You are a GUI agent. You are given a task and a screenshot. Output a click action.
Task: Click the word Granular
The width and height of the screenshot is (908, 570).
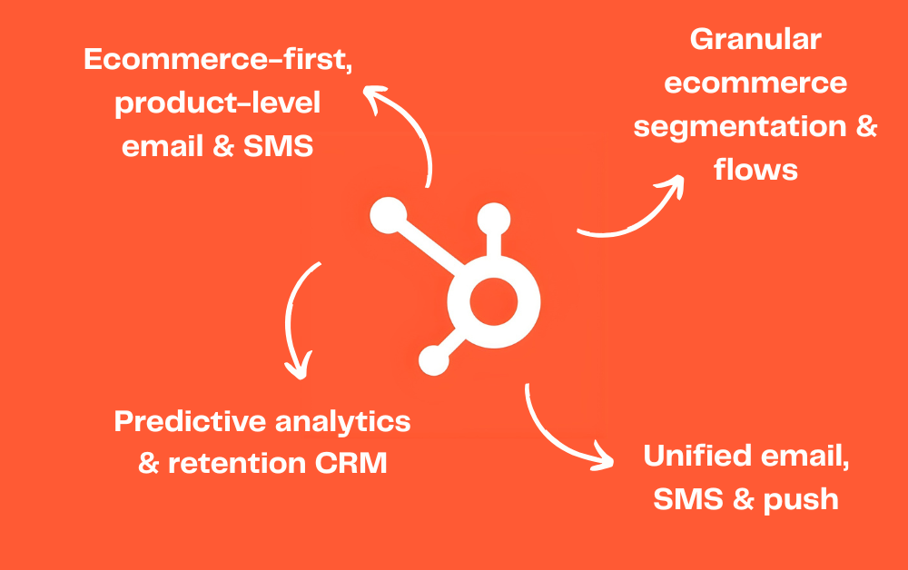click(755, 41)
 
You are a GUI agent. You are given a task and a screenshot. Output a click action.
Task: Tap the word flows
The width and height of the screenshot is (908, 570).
click(755, 169)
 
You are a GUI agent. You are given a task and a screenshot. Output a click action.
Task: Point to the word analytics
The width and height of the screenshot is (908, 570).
click(344, 421)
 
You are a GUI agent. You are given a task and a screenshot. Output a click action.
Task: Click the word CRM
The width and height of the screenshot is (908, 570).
click(350, 464)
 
